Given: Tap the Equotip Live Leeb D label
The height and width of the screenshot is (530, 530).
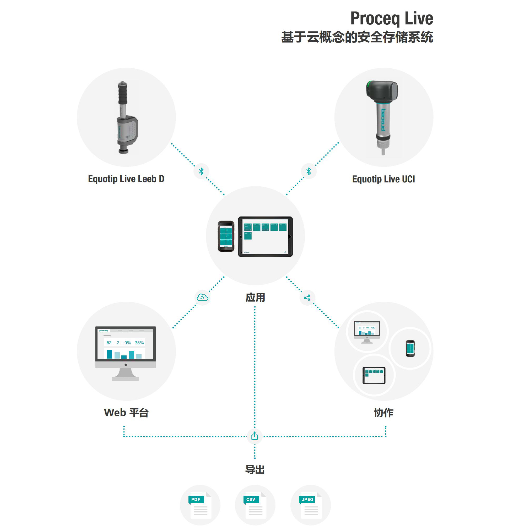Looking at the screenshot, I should click(x=126, y=179).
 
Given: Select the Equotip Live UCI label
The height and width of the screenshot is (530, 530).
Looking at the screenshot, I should click(x=383, y=179).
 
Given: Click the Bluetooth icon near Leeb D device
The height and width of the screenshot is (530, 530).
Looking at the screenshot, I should click(x=201, y=171).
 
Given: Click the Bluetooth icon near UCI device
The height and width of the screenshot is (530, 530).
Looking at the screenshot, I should click(x=309, y=171).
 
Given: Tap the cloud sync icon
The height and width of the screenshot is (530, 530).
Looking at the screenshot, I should click(x=202, y=297).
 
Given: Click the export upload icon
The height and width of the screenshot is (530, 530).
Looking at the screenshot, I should click(x=255, y=436).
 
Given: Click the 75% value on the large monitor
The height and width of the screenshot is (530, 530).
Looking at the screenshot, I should click(x=139, y=343).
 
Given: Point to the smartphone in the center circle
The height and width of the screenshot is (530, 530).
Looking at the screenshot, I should click(x=226, y=236).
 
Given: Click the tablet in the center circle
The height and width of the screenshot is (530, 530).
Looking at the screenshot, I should click(x=265, y=236).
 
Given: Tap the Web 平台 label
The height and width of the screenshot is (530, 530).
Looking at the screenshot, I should click(x=126, y=413).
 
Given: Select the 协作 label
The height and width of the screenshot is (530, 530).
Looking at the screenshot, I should click(x=383, y=413).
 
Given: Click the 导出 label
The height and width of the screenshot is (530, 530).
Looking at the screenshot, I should click(x=255, y=470).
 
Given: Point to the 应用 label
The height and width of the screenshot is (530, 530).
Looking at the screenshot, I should click(x=255, y=297).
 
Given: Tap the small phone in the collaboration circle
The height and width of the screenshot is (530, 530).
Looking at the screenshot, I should click(x=410, y=348).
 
